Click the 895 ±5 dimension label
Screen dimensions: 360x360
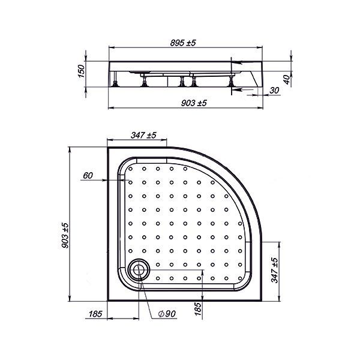pos(183,43)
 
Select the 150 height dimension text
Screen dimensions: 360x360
pos(81,71)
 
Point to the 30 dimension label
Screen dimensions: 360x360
pos(274,91)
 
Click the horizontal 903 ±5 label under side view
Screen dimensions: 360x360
pos(194,103)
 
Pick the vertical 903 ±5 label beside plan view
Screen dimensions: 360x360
pos(65,235)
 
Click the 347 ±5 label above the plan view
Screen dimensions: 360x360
pos(143,135)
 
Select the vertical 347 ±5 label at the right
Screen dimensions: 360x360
pos(274,270)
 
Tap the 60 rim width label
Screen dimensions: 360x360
pos(88,175)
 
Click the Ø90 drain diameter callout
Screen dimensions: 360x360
pos(167,314)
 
